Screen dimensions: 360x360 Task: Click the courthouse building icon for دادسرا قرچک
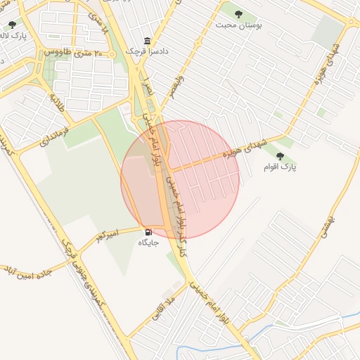tap(147, 41)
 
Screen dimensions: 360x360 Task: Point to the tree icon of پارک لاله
tap(12, 25)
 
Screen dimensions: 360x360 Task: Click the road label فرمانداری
tap(56, 131)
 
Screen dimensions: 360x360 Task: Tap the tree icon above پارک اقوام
tap(281, 156)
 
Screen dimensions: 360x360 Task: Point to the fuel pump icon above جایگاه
tap(148, 232)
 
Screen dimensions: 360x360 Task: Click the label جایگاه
tap(148, 243)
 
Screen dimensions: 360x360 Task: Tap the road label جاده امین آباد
tap(27, 272)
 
